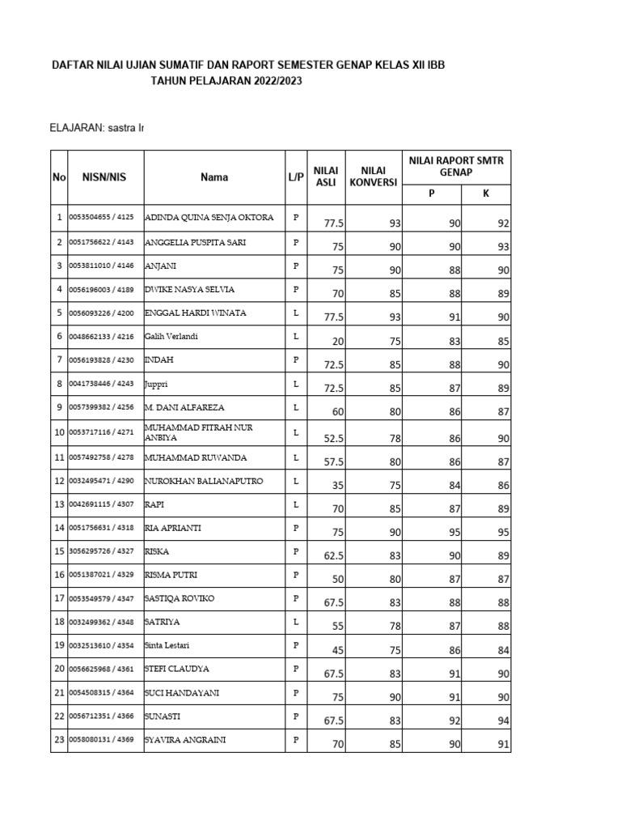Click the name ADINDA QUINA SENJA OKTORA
tap(209, 218)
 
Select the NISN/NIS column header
tap(103, 176)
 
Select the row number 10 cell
tap(58, 433)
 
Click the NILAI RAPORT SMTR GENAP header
tap(456, 167)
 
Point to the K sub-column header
tap(485, 194)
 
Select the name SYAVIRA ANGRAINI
tap(186, 740)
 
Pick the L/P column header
tap(295, 176)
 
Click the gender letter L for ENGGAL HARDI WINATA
tap(296, 312)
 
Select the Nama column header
tap(214, 176)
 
